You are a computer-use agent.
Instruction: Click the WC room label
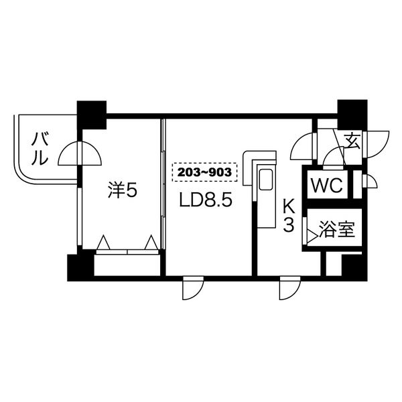point(327,186)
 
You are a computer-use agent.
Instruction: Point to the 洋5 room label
point(123,191)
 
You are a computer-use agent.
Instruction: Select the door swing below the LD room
point(192,288)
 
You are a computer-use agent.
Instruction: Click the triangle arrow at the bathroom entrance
point(312,234)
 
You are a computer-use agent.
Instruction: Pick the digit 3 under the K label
point(288,225)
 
